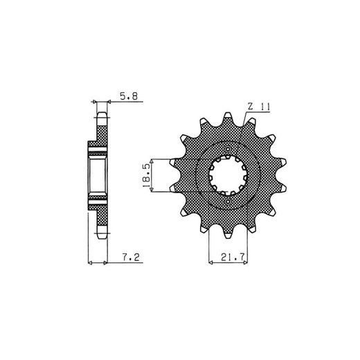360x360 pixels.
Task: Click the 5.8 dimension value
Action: pos(129,96)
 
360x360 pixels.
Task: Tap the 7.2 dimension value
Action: pos(131,257)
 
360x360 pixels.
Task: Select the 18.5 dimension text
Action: pos(146,175)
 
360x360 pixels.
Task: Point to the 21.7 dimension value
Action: pos(233,257)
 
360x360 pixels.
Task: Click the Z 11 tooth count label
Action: pos(258,107)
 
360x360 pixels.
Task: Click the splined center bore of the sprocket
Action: pos(228,175)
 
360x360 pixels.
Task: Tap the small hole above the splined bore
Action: pos(228,149)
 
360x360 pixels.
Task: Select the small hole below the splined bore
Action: pos(228,201)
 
